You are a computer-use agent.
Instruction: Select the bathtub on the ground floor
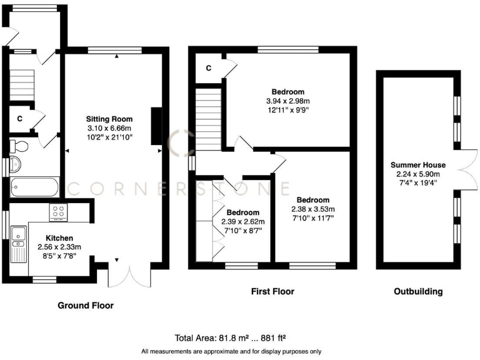click(34, 187)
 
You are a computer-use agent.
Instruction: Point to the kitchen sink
click(18, 236)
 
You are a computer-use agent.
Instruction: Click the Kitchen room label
click(60, 238)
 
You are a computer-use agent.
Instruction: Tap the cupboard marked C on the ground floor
click(20, 118)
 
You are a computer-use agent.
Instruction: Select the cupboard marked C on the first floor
click(208, 67)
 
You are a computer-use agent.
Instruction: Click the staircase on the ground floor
click(21, 86)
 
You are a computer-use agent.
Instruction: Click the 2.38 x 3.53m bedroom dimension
click(313, 209)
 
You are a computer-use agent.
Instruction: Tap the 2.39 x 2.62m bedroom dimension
click(243, 221)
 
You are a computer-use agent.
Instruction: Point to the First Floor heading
click(272, 291)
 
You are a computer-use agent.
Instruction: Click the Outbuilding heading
click(418, 291)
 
